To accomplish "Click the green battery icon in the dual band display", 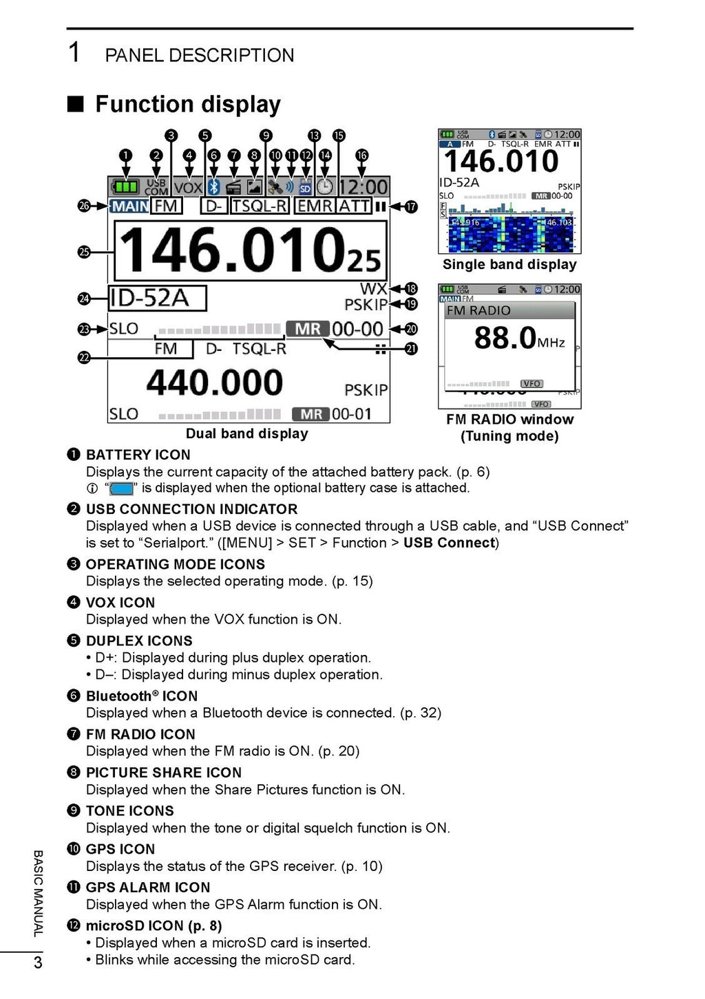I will click(x=126, y=186).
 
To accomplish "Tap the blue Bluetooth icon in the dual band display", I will click(x=214, y=186).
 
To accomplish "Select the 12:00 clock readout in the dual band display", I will click(x=364, y=187).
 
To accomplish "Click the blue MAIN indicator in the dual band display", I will click(x=129, y=206).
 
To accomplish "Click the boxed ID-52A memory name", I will click(x=158, y=298).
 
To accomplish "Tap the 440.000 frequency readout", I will click(x=215, y=383).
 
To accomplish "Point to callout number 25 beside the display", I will click(x=84, y=252).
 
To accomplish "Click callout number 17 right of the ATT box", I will click(x=411, y=206).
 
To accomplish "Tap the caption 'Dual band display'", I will click(x=246, y=433).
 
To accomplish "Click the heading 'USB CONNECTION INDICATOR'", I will click(x=191, y=509).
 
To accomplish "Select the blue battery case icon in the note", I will click(x=121, y=489).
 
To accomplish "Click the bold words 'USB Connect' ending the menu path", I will click(x=449, y=543).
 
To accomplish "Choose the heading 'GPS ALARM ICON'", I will click(x=147, y=888).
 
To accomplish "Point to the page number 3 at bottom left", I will click(x=38, y=962).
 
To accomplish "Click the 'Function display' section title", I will click(x=187, y=105).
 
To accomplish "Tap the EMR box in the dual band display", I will click(x=315, y=206).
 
